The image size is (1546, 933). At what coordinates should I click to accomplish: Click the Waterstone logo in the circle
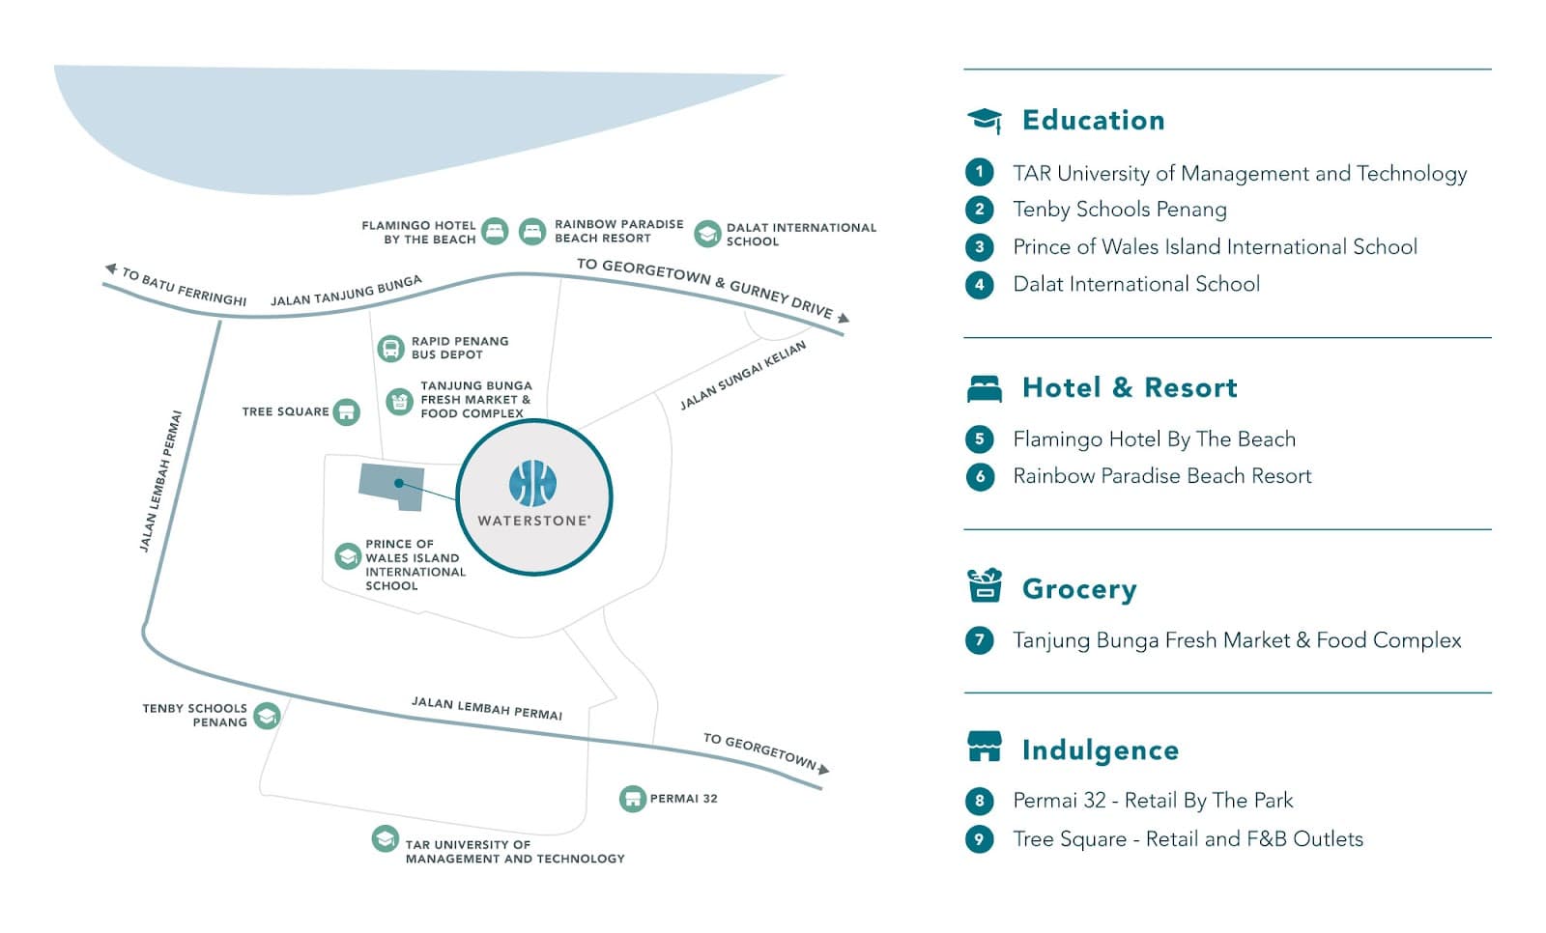pyautogui.click(x=532, y=483)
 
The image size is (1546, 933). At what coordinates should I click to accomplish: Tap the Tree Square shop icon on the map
pyautogui.click(x=346, y=412)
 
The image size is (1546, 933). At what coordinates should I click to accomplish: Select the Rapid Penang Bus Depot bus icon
pyautogui.click(x=390, y=348)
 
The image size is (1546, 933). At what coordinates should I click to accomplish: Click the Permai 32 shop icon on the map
pyautogui.click(x=632, y=799)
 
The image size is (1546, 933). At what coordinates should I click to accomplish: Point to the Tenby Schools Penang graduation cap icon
pyautogui.click(x=267, y=716)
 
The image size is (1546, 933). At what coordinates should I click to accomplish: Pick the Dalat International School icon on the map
pyautogui.click(x=707, y=233)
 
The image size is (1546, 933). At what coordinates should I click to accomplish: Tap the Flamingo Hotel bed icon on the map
pyautogui.click(x=495, y=232)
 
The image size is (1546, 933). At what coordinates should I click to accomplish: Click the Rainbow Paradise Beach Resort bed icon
pyautogui.click(x=532, y=232)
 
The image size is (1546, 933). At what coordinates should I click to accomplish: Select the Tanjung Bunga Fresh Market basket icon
pyautogui.click(x=399, y=401)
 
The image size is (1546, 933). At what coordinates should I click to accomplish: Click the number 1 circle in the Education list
pyautogui.click(x=979, y=173)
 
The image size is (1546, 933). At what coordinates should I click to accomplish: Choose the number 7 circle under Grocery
pyautogui.click(x=979, y=640)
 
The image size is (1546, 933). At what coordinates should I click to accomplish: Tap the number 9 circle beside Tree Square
pyautogui.click(x=979, y=838)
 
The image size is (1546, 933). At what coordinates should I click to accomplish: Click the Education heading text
pyautogui.click(x=1093, y=120)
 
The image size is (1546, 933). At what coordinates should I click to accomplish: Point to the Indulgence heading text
pyautogui.click(x=1100, y=750)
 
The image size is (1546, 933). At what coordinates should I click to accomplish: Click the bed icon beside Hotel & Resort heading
pyautogui.click(x=985, y=388)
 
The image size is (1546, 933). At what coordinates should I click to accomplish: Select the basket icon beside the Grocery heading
pyautogui.click(x=985, y=585)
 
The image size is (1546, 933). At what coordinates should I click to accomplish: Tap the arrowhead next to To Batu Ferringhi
pyautogui.click(x=111, y=269)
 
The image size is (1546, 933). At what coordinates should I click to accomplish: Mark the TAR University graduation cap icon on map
pyautogui.click(x=385, y=838)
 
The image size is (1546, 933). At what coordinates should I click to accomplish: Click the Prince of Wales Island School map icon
pyautogui.click(x=348, y=556)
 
